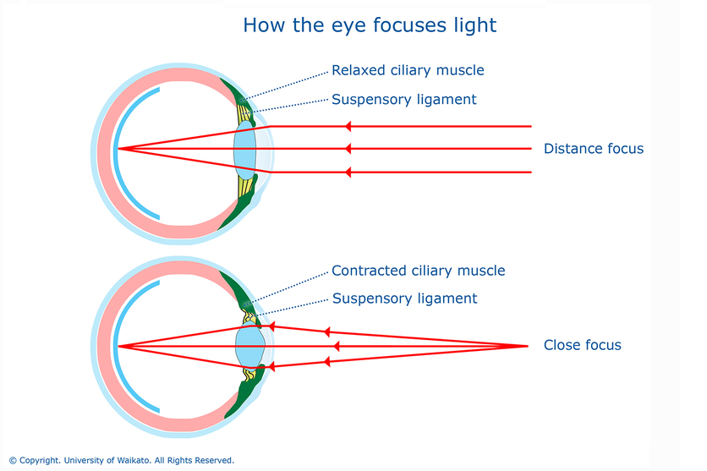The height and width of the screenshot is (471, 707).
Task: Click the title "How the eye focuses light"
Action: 370,25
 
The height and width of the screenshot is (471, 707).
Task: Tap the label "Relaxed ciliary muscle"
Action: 408,70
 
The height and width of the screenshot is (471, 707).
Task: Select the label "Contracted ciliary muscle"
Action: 418,271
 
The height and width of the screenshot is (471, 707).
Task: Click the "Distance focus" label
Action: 594,148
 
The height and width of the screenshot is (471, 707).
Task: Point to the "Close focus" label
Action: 582,345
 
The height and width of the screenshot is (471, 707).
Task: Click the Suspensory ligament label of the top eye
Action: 404,99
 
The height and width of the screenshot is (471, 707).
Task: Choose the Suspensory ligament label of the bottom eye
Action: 404,298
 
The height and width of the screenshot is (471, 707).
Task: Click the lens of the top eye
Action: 245,150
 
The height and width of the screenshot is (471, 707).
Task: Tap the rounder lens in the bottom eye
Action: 249,346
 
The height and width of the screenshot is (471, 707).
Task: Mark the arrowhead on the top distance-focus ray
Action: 348,127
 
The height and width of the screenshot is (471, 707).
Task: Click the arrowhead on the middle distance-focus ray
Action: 348,149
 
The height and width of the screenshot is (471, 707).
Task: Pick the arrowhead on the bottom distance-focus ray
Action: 348,173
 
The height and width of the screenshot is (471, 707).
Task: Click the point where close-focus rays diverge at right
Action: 528,346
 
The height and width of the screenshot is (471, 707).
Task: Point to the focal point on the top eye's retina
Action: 118,149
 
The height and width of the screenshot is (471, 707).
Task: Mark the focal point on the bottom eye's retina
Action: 118,346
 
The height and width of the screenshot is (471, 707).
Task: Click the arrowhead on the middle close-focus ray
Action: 337,346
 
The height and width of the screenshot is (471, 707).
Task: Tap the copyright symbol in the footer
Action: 13,461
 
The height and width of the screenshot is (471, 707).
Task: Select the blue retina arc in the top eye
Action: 116,152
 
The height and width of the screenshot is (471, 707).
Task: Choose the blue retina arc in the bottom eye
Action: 116,346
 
